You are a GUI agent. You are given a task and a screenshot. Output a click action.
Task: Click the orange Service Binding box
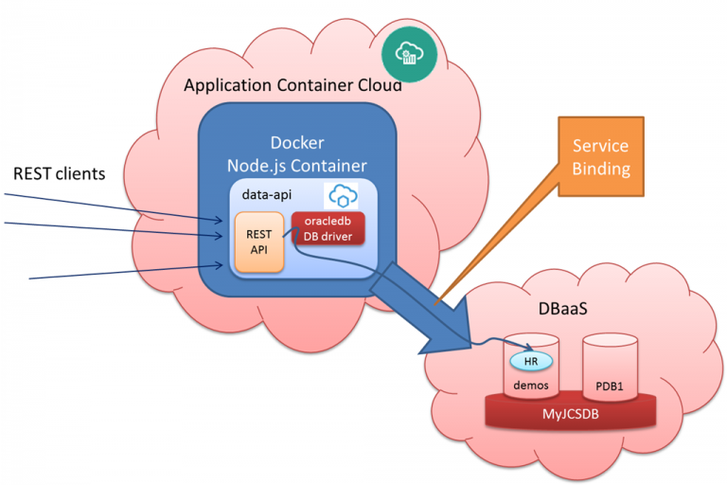(601, 158)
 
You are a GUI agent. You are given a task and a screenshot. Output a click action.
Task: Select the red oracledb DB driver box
(328, 226)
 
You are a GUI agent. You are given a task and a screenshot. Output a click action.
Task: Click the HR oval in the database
(531, 361)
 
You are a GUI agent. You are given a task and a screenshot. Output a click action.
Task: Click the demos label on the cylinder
(531, 386)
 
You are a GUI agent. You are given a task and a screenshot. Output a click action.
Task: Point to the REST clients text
(59, 174)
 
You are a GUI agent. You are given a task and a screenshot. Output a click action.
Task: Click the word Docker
(296, 143)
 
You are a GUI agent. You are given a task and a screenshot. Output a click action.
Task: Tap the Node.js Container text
(296, 166)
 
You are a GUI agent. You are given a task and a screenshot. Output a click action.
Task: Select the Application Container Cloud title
(293, 85)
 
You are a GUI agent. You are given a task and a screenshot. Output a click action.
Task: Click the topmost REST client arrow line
(114, 207)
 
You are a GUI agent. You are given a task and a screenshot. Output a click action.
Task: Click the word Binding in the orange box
(601, 171)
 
